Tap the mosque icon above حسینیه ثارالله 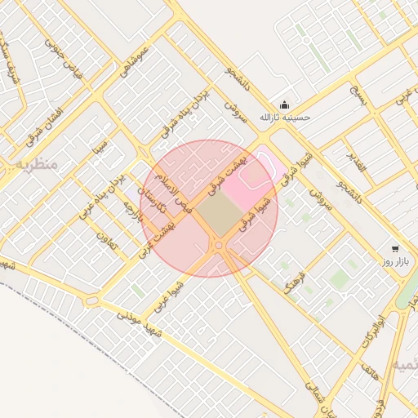[284, 104]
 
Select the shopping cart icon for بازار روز [396, 248]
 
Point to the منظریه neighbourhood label [36, 164]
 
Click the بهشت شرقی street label [222, 180]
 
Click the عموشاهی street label [135, 61]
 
